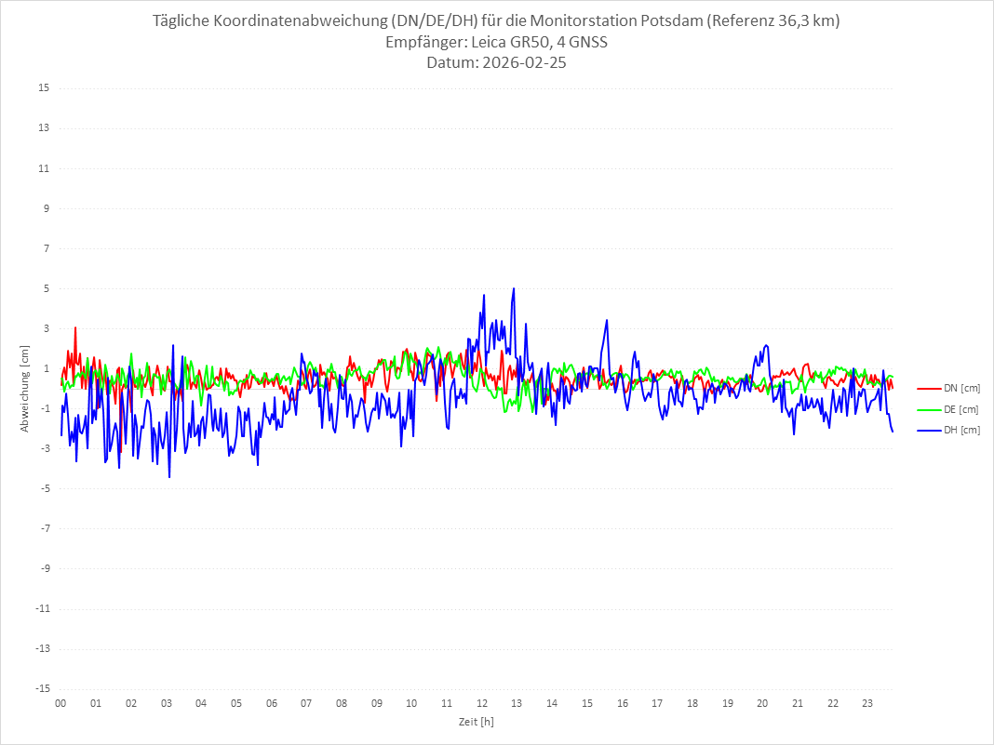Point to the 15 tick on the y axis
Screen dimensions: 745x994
44,88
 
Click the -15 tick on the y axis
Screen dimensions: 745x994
42,688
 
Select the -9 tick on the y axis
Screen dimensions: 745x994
44,568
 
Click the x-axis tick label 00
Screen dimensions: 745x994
60,703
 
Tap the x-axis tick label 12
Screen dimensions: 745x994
482,703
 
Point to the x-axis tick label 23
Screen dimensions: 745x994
867,703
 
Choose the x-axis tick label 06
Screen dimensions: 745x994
271,703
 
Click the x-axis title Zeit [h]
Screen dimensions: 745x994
476,721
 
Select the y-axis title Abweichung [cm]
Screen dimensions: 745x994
25,388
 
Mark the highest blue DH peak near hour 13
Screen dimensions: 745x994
514,288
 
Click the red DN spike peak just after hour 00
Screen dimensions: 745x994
75,327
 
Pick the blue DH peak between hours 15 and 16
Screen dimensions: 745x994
607,320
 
